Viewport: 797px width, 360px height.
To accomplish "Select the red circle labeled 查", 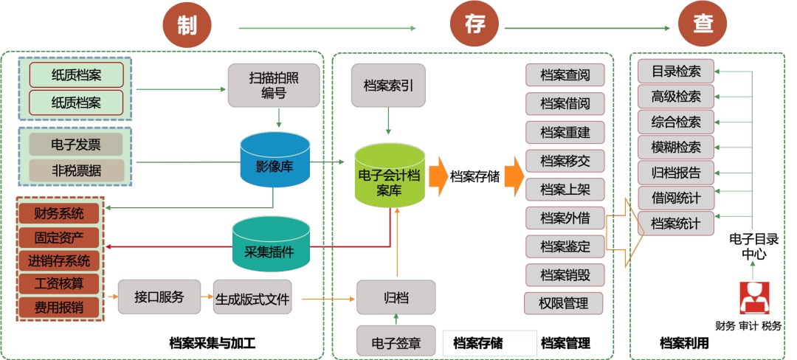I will pyautogui.click(x=702, y=25).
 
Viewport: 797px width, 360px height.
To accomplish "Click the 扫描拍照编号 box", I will pyautogui.click(x=273, y=84).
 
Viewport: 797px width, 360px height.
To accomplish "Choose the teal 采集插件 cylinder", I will pyautogui.click(x=271, y=246).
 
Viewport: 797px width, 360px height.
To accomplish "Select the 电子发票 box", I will pyautogui.click(x=76, y=144).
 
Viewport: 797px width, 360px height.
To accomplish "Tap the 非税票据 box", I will pyautogui.click(x=76, y=169).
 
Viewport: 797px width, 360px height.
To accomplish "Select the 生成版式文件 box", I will pyautogui.click(x=252, y=300).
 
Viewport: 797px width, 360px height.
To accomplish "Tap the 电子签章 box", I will pyautogui.click(x=396, y=342).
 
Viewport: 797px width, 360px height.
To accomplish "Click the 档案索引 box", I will pyautogui.click(x=389, y=85).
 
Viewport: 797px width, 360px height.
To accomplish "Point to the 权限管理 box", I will pyautogui.click(x=564, y=302).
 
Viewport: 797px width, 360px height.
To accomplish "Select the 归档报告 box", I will pyautogui.click(x=676, y=172).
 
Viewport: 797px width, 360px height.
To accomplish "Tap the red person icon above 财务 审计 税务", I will pyautogui.click(x=755, y=298).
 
